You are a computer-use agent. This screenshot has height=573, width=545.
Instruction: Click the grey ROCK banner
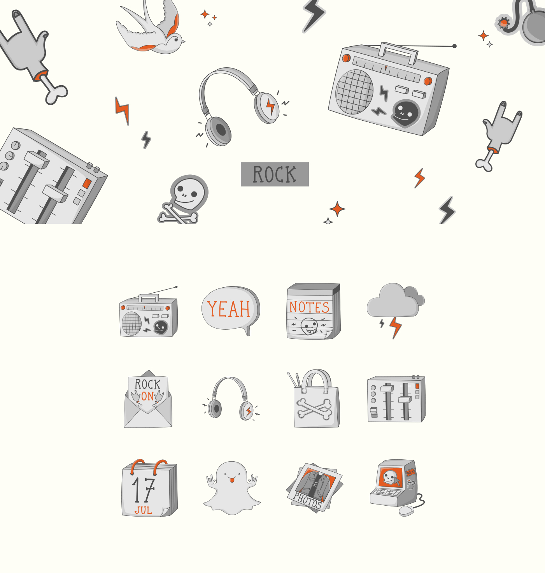275,174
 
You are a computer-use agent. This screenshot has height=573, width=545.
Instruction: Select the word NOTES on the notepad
309,307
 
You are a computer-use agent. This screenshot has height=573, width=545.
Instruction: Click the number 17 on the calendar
143,490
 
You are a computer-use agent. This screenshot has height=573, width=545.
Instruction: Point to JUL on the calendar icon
143,510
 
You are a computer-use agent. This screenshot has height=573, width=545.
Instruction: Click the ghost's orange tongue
232,480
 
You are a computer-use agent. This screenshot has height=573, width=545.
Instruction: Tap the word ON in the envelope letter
147,396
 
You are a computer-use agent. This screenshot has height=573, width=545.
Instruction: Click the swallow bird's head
176,40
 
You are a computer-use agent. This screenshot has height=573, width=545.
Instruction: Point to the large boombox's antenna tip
454,46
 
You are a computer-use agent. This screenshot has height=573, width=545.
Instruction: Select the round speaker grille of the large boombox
354,91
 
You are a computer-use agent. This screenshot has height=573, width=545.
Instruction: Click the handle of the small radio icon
149,298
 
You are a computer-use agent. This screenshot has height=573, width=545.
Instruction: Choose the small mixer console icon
396,399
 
